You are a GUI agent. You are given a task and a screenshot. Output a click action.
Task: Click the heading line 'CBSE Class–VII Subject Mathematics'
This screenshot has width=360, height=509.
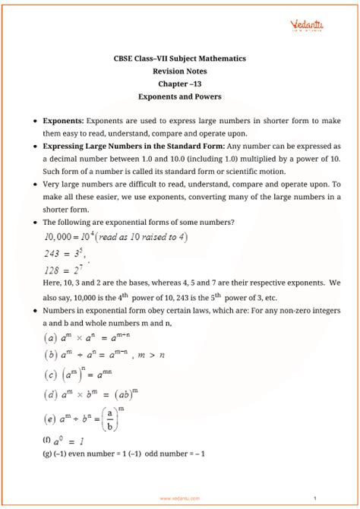[180, 58]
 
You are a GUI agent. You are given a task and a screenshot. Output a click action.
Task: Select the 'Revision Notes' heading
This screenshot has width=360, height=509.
[180, 71]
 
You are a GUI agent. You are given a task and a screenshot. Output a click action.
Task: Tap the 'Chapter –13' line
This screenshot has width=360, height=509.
[180, 84]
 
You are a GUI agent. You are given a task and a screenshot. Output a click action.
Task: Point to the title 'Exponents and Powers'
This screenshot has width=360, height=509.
[180, 97]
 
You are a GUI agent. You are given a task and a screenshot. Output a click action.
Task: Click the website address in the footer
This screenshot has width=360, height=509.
[180, 499]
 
